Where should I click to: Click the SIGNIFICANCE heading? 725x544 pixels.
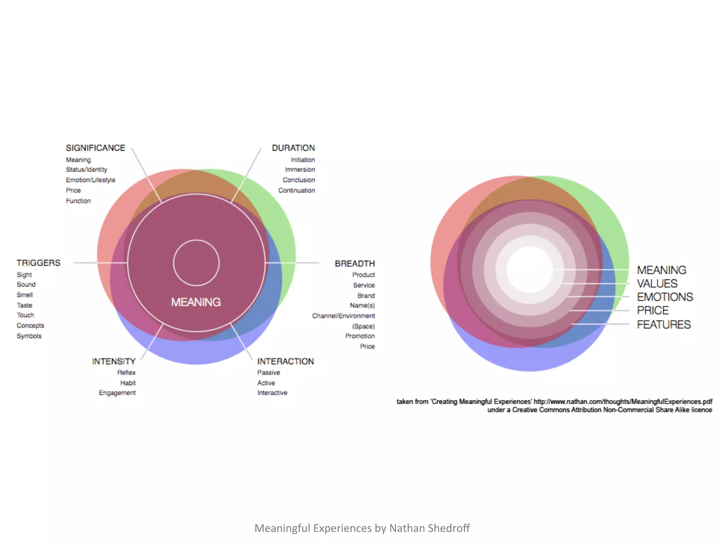[95, 148]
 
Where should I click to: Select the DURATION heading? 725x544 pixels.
[293, 148]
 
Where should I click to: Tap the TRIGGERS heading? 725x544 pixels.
[38, 263]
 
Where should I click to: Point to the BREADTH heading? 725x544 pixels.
[355, 263]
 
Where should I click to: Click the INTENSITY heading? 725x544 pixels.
[114, 361]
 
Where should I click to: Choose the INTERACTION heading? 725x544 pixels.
[285, 361]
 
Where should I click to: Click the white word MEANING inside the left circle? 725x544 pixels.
[196, 302]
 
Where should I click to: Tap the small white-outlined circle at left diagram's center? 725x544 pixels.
[196, 263]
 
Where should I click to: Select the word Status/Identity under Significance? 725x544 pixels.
[86, 170]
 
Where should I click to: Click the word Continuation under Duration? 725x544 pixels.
[296, 191]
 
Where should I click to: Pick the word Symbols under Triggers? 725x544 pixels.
[29, 336]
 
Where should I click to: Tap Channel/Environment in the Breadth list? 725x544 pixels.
[343, 316]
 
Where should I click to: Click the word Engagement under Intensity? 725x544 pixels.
[117, 393]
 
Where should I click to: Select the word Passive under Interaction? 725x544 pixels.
[268, 373]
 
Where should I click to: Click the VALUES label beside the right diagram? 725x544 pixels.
[657, 284]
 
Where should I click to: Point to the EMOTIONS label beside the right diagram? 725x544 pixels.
[665, 297]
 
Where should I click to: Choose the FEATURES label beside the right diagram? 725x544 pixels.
[664, 324]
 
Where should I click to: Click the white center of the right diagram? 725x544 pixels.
[530, 269]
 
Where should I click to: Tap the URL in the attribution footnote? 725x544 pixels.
[623, 402]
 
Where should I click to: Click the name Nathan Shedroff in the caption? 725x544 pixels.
[429, 528]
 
